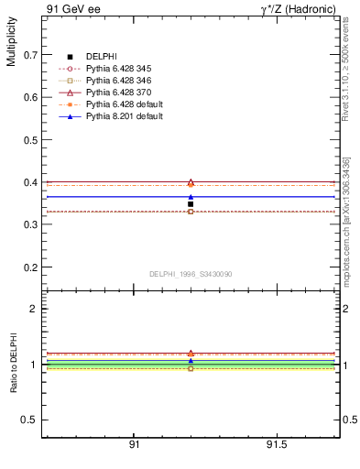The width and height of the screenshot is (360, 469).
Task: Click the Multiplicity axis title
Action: coord(11,46)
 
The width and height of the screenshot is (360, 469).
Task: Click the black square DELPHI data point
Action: coord(191,204)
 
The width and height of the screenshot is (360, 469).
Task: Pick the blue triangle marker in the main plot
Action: coord(191,196)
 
